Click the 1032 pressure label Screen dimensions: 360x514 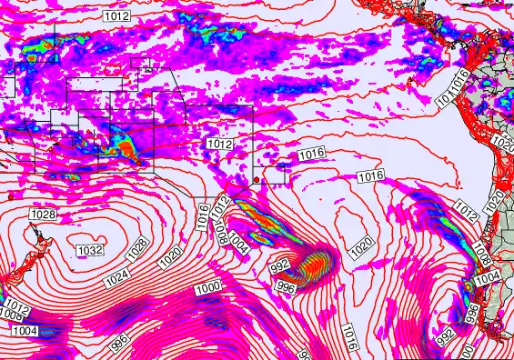coord(89,249)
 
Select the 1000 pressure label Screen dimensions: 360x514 coord(208,287)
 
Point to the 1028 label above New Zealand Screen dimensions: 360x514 coord(42,215)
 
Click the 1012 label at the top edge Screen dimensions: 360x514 coord(116,16)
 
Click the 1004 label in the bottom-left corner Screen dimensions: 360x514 coord(24,331)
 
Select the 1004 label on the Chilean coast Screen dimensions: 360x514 coord(488,275)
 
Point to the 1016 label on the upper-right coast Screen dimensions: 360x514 coord(460,77)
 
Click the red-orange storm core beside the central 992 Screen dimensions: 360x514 coord(314,264)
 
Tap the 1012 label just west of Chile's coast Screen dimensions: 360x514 coord(467,214)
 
